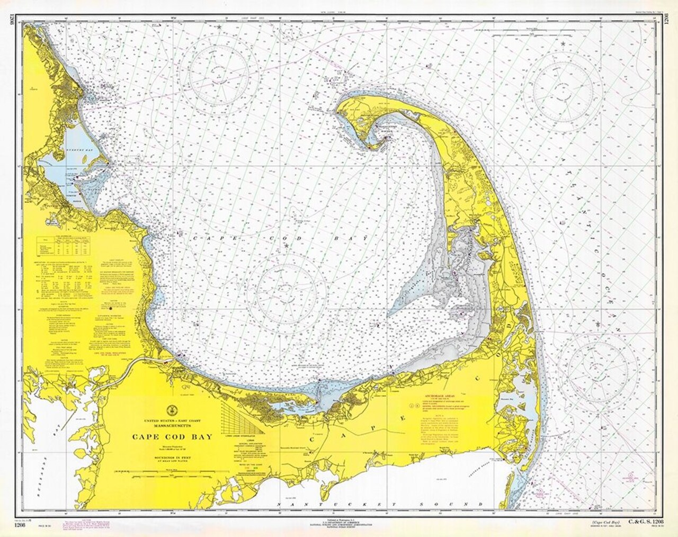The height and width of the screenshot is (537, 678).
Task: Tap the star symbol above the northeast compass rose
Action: (563, 43)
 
